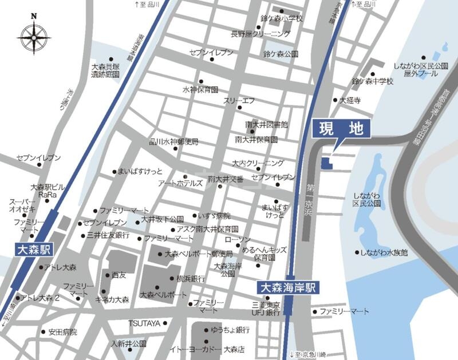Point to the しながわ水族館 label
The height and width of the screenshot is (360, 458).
tap(384, 252)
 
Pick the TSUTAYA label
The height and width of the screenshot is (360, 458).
tap(143, 323)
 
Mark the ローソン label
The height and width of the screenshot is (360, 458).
tap(238, 239)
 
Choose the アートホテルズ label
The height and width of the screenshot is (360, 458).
tap(181, 184)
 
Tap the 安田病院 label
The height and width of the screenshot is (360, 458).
tap(62, 332)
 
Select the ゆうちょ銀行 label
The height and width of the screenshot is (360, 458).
tap(230, 330)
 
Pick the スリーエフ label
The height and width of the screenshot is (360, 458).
tap(239, 100)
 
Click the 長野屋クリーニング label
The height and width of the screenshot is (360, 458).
tap(260, 34)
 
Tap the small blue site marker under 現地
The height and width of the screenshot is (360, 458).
tap(325, 164)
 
